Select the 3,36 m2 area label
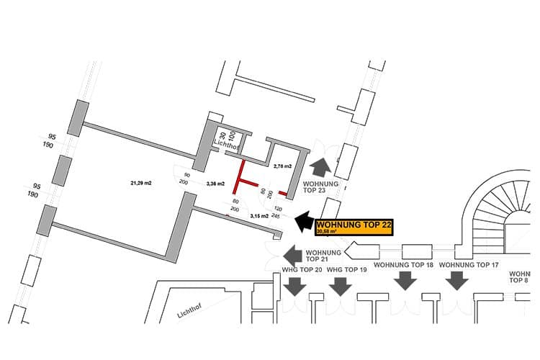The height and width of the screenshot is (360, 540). [x=216, y=184]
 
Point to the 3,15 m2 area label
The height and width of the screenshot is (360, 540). [x=258, y=215]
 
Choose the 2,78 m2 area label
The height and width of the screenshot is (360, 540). [x=282, y=166]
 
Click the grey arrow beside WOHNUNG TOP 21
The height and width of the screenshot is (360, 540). [x=292, y=254]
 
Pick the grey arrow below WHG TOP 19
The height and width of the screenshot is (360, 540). [x=339, y=287]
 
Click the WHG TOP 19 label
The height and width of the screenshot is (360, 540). [x=347, y=269]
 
